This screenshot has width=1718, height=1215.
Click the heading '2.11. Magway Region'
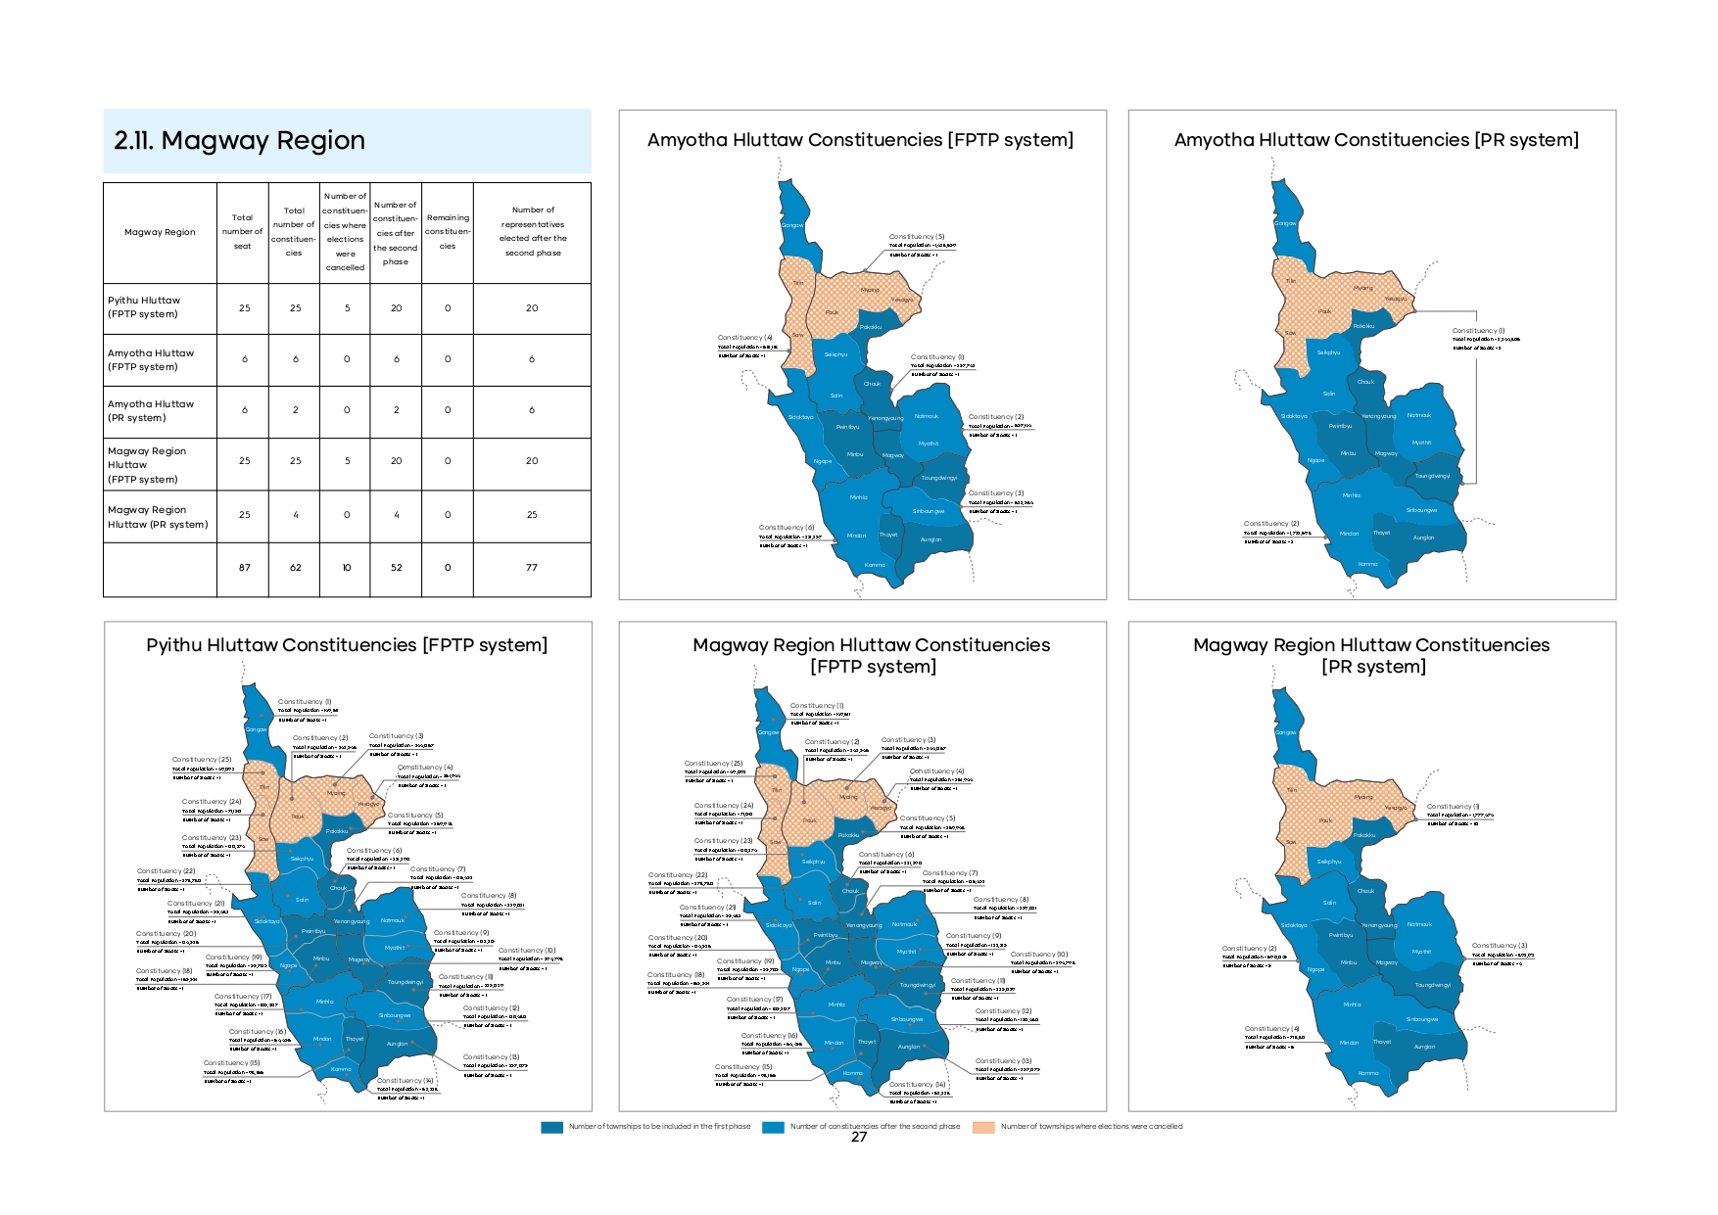[x=239, y=141]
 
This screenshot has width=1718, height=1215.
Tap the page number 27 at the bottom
[x=859, y=1137]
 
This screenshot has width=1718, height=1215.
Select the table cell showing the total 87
[x=245, y=568]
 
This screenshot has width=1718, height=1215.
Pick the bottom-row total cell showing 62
[x=295, y=568]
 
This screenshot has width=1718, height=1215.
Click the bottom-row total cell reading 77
[x=532, y=568]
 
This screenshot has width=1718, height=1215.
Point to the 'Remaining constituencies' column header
[x=448, y=232]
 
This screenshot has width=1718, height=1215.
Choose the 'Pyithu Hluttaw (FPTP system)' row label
[x=144, y=307]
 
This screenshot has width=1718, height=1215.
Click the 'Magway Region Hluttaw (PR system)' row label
[x=157, y=517]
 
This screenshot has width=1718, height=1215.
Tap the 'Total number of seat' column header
[x=242, y=232]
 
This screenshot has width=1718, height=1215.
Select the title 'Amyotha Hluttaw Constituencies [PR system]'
[x=1376, y=140]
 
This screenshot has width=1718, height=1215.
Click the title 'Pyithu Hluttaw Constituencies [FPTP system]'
[x=347, y=645]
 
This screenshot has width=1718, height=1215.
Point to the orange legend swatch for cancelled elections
[x=983, y=1127]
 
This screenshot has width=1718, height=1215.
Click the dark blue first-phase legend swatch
[x=552, y=1127]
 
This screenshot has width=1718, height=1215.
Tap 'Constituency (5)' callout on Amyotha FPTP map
[x=917, y=237]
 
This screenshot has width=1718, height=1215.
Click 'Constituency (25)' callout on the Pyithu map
[x=202, y=760]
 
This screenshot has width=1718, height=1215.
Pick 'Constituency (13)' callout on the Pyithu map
[x=492, y=1057]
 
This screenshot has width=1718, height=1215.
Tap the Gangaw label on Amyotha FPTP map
[x=791, y=225]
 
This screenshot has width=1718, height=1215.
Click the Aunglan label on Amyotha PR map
[x=1423, y=537]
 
